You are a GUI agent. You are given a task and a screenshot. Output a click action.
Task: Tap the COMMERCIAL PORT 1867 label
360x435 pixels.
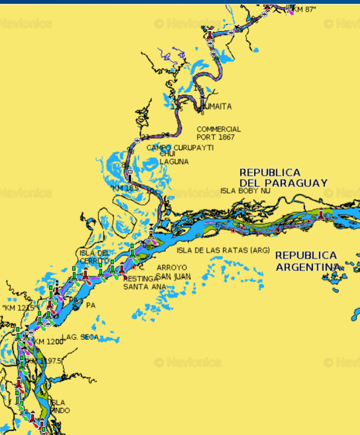tap(218, 133)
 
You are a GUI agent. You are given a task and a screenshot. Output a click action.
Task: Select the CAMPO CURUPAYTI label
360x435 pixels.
tap(179, 148)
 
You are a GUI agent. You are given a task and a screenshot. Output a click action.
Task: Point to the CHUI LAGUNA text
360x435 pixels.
tap(173, 158)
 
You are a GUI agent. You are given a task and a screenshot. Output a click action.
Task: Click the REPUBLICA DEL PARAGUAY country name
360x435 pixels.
tap(283, 178)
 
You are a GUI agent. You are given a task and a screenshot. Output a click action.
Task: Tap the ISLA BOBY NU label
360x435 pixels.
tap(245, 191)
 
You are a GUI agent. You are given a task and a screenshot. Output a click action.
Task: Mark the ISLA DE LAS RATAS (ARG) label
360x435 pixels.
tap(223, 250)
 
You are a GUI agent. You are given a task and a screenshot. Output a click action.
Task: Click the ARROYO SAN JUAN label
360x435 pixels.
tap(173, 271)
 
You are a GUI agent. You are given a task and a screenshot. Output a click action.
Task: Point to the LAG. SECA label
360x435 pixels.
tap(80, 336)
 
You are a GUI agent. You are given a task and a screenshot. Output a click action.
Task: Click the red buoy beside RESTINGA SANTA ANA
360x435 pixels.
tap(122, 270)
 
